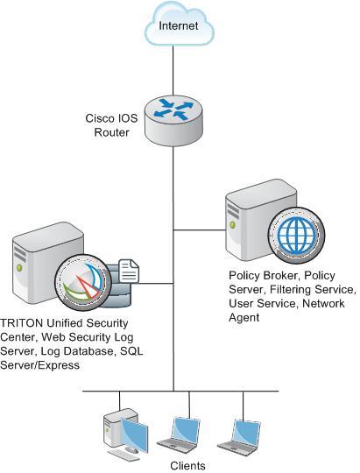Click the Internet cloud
point(180,25)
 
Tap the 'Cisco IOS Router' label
point(111,125)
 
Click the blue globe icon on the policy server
point(297,235)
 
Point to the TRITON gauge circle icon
point(82,282)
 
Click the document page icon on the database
point(129,271)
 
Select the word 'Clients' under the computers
point(187,466)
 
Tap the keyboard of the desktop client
point(124,455)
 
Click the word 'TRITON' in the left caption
point(22,323)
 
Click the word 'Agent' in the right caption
point(244,318)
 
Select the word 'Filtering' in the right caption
point(291,289)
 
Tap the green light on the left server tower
point(19,267)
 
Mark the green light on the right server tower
point(233,225)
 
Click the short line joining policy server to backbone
point(200,230)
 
